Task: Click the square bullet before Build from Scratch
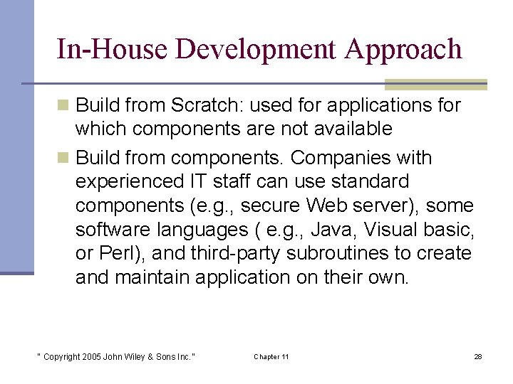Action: click(x=64, y=106)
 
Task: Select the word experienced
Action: click(x=128, y=181)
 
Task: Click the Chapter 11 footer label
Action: click(x=271, y=356)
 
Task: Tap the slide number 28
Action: click(x=477, y=356)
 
